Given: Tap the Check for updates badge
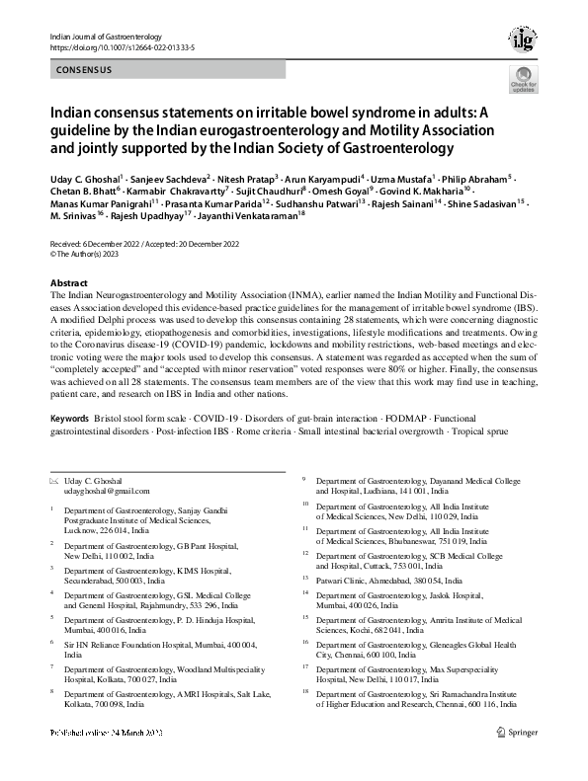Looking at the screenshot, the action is tap(523, 82).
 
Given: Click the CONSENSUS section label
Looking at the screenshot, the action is tap(83, 70).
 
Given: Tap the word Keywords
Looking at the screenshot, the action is tap(74, 420).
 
